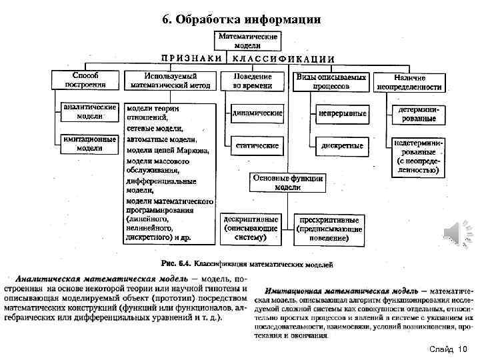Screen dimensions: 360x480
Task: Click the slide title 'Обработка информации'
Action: pyautogui.click(x=241, y=19)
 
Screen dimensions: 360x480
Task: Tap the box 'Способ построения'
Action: pyautogui.click(x=85, y=79)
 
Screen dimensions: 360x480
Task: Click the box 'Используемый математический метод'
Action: pyautogui.click(x=171, y=81)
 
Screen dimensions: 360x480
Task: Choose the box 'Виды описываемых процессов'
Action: pyautogui.click(x=331, y=81)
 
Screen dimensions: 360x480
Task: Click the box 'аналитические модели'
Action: pyautogui.click(x=89, y=111)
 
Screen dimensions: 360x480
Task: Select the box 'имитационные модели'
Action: pyautogui.click(x=89, y=143)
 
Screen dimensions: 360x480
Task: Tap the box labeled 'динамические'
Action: pyautogui.click(x=257, y=113)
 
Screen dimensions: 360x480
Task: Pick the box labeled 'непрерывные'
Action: pyautogui.click(x=341, y=113)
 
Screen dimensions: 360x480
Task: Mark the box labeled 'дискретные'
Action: pyautogui.click(x=341, y=145)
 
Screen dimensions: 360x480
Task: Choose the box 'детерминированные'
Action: pyautogui.click(x=417, y=113)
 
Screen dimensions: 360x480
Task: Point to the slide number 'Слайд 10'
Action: pyautogui.click(x=449, y=349)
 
